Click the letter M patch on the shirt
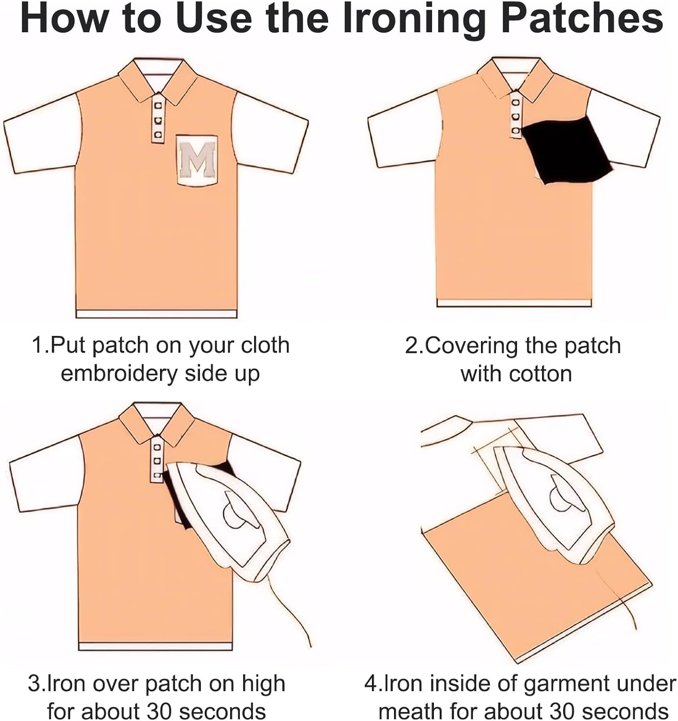[197, 160]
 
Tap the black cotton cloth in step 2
[567, 149]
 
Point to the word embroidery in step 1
[120, 373]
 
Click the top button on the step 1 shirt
[158, 106]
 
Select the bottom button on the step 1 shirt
[158, 134]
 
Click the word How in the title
[63, 19]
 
